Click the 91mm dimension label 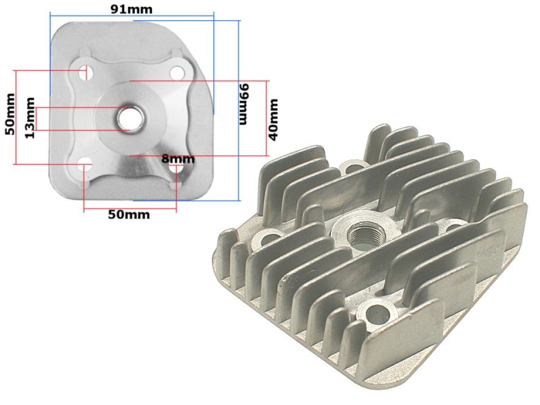(x=130, y=10)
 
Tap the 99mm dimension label (x=244, y=105)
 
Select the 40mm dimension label (x=273, y=119)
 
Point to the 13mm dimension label (x=30, y=118)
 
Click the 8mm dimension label (x=178, y=159)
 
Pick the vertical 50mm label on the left (x=10, y=114)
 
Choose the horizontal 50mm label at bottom (x=129, y=215)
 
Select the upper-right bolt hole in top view (x=177, y=72)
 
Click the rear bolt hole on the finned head (x=354, y=167)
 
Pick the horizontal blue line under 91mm (x=132, y=20)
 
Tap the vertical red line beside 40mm (x=265, y=118)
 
